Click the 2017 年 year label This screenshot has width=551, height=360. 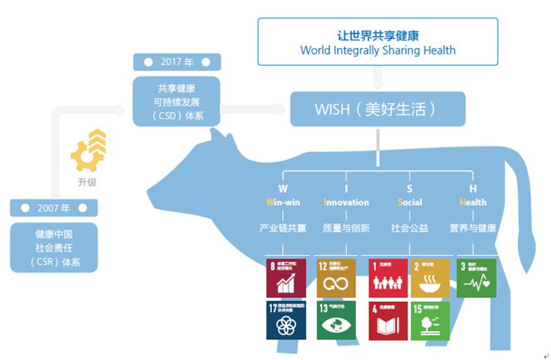coord(177,62)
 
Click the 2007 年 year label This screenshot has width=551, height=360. coord(53,208)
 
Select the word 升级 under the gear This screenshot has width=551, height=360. coord(87,182)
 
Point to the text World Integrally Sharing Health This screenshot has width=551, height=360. coord(378,50)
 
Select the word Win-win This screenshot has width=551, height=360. coord(282,202)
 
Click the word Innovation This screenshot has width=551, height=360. coord(346,202)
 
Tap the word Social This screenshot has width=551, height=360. coord(410,202)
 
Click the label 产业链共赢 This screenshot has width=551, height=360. coord(282,228)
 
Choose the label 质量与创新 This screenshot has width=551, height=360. coord(346,228)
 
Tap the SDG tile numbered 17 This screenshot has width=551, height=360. coord(286,320)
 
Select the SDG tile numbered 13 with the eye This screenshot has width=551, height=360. coord(336,320)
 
